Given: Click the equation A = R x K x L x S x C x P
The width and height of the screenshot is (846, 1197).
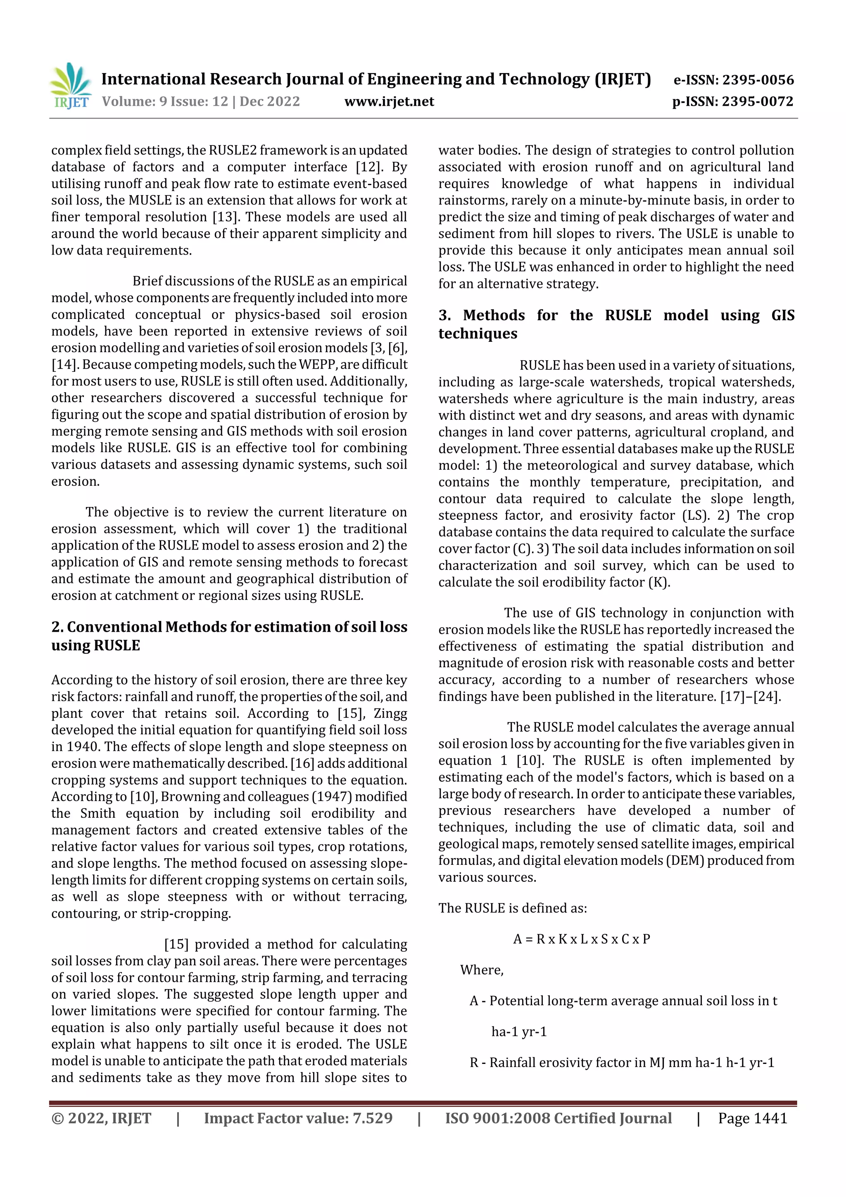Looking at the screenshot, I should [x=581, y=939].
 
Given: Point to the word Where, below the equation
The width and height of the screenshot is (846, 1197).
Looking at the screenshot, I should [x=482, y=970].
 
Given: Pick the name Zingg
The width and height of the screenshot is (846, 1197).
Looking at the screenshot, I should [x=388, y=713].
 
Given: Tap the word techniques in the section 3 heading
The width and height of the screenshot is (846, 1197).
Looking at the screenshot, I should [x=478, y=334].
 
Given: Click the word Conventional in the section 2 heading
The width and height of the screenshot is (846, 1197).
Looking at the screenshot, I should [x=114, y=627].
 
